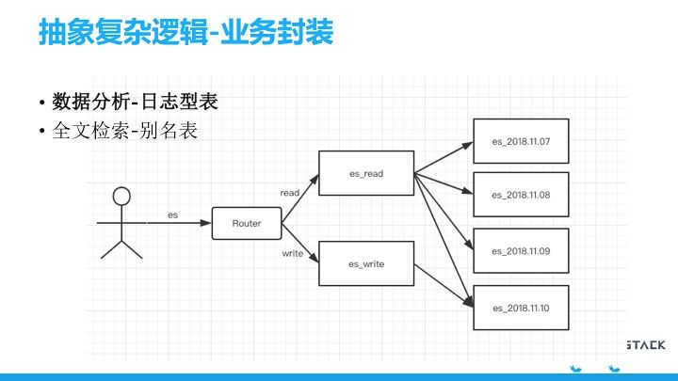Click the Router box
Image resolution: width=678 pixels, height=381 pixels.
(247, 224)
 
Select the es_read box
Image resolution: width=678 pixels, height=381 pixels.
(366, 173)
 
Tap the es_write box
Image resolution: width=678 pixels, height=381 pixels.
(366, 263)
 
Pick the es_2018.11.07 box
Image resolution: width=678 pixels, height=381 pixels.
(520, 141)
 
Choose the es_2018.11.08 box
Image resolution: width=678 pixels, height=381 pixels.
(520, 195)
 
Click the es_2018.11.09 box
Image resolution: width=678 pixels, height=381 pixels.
(520, 251)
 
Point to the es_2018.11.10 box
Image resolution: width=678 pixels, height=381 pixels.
(520, 308)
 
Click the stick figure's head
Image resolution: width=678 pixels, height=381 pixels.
(121, 197)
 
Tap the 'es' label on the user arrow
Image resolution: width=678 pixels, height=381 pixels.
(173, 215)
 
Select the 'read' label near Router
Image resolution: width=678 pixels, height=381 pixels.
(290, 193)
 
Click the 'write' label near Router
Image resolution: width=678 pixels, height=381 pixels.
(292, 253)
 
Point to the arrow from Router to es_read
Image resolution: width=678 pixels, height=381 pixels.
(301, 201)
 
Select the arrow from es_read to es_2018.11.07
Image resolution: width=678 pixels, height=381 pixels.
(443, 157)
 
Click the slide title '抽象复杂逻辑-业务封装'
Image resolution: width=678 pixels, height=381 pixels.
(185, 32)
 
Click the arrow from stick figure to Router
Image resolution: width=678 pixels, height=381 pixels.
(179, 224)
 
